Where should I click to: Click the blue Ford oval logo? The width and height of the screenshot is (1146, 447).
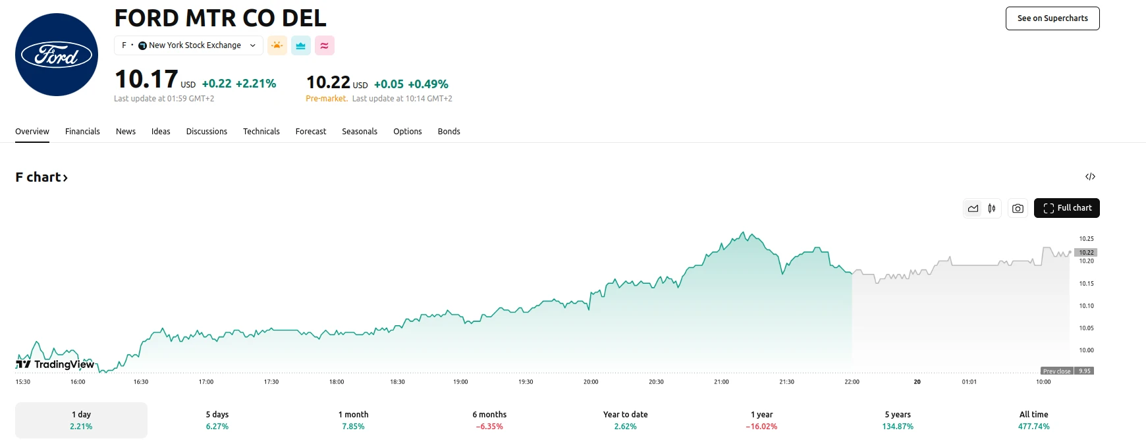[x=57, y=55]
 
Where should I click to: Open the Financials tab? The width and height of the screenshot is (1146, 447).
[x=82, y=132]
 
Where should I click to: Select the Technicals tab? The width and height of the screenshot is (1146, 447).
[x=261, y=132]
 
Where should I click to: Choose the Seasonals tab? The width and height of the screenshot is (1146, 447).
[x=360, y=132]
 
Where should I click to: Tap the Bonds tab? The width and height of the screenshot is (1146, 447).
[x=449, y=132]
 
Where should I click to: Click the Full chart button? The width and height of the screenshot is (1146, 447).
[x=1066, y=208]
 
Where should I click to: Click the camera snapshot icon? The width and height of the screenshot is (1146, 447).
[x=1018, y=209]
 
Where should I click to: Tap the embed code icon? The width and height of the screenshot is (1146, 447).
[x=1090, y=176]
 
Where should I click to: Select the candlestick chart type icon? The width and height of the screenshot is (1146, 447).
[x=992, y=209]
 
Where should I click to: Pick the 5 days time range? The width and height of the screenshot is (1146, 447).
[x=217, y=420]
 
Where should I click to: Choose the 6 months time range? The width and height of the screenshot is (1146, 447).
[x=489, y=420]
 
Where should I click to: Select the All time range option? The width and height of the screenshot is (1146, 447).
[x=1033, y=420]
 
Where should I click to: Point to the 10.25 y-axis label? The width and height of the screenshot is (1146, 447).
[x=1086, y=239]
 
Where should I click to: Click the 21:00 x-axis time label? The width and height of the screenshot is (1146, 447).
[x=721, y=382]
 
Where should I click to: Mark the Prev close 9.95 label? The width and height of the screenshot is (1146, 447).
[x=1067, y=371]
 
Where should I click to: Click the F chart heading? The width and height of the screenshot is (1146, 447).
[x=41, y=177]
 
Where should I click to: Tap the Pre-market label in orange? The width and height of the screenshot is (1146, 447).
[x=326, y=99]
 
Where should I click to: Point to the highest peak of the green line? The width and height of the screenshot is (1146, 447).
[x=744, y=232]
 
